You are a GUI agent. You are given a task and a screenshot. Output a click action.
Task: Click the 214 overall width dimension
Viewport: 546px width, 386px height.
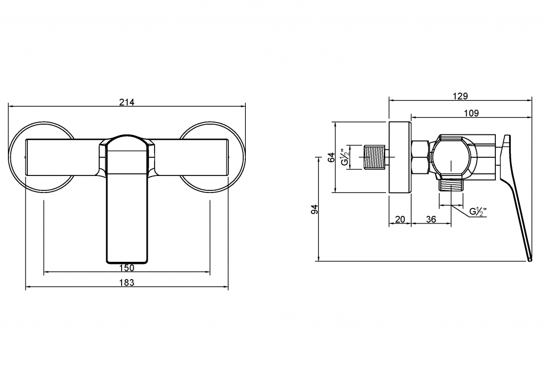127,102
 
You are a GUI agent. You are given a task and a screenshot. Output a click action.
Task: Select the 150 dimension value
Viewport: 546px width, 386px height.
127,268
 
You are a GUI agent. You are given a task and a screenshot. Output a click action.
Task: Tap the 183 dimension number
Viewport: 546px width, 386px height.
127,283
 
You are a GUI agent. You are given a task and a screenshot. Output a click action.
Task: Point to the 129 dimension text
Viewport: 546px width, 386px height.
460,96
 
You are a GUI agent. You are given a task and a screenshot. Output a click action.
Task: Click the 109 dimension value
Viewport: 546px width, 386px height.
471,113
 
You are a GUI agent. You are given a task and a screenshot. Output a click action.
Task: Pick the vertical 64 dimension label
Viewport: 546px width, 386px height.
332,157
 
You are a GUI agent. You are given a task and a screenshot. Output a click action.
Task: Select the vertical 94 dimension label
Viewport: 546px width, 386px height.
315,209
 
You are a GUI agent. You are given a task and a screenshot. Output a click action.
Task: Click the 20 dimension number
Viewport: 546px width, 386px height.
400,219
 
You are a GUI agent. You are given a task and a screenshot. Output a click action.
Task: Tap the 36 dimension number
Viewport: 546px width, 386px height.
431,219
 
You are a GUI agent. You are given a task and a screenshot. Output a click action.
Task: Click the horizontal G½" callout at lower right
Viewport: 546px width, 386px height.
478,212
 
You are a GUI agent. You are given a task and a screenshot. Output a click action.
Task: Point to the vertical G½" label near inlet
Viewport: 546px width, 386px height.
345,157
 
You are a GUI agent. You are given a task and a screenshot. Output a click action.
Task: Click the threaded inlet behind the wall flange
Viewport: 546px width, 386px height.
375,157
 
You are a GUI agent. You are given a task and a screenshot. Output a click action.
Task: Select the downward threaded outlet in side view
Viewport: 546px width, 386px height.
451,185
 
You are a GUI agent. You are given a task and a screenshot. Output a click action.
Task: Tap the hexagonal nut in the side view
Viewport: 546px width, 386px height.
420,157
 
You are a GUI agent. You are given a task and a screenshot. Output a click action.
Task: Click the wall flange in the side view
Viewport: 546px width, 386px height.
400,157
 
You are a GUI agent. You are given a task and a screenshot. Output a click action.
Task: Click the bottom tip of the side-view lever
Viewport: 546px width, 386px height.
530,260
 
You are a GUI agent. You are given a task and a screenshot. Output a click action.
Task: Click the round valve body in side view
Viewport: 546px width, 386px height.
451,157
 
